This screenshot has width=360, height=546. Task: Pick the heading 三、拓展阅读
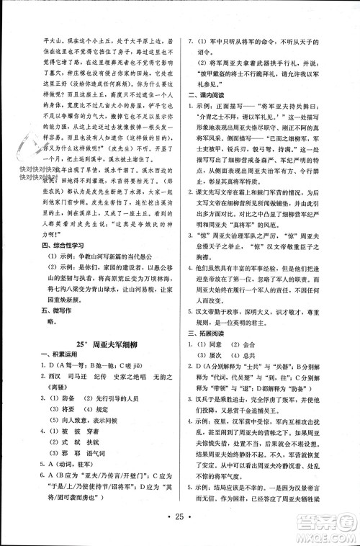point(208,293)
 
